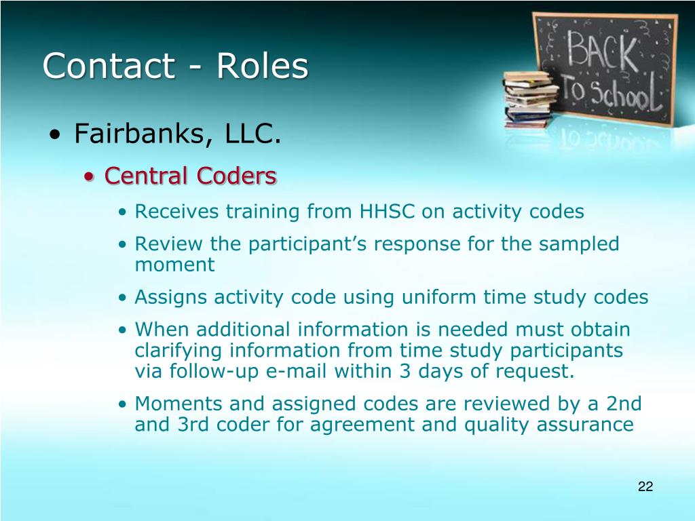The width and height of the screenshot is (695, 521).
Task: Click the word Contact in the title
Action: tap(109, 66)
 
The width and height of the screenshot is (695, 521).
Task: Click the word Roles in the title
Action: tap(262, 66)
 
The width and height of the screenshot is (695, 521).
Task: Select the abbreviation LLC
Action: tap(253, 133)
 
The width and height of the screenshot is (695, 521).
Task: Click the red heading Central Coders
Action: tap(191, 176)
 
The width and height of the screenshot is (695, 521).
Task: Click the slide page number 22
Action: tap(645, 486)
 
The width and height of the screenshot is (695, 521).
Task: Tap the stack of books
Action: tap(529, 99)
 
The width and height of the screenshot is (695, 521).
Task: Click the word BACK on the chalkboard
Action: tap(603, 51)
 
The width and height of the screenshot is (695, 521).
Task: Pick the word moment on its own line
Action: tap(174, 265)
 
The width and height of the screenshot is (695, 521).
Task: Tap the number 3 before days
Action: tap(405, 371)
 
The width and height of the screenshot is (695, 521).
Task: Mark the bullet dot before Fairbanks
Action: tap(55, 134)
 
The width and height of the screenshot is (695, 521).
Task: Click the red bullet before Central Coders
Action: tap(89, 177)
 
